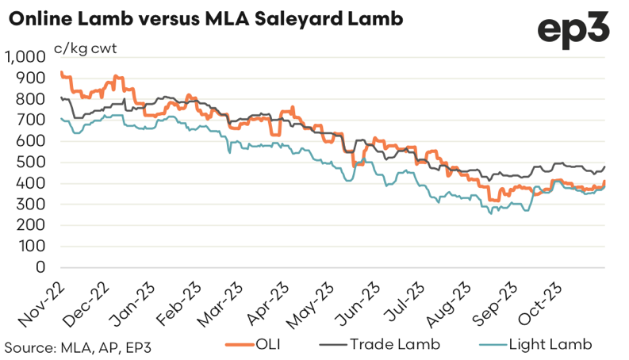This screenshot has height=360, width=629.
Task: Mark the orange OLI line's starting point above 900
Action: tap(61, 73)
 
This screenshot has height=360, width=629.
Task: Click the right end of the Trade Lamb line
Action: tap(604, 167)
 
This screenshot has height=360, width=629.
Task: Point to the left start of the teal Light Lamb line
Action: tap(61, 118)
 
